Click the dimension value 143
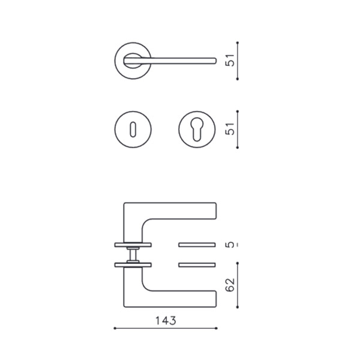(166, 321)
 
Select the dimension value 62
(230, 285)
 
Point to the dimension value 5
(230, 245)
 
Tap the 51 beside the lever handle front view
(230, 61)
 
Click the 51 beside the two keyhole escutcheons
(230, 129)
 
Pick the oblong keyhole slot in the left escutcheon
(133, 130)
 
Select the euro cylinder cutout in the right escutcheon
(197, 129)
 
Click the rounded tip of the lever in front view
(215, 61)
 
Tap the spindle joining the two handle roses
(133, 255)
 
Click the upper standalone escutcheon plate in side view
(197, 245)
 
